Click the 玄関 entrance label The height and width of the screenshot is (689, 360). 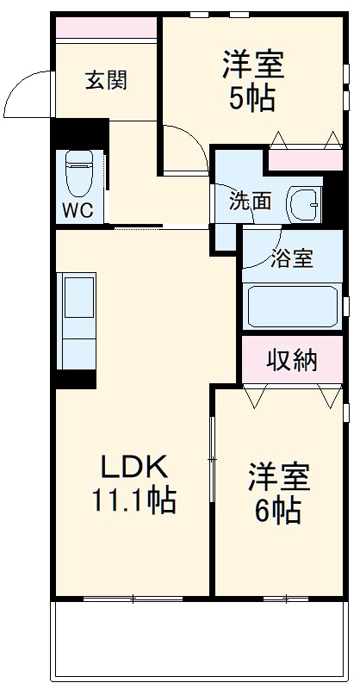(106, 81)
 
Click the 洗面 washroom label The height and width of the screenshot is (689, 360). (249, 202)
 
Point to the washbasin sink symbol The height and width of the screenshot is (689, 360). (303, 203)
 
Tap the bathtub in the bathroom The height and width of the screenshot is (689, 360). (293, 304)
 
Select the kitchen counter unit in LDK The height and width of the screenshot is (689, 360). (78, 319)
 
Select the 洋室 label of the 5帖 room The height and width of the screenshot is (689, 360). (253, 65)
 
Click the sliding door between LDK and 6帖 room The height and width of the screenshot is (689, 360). (211, 465)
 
